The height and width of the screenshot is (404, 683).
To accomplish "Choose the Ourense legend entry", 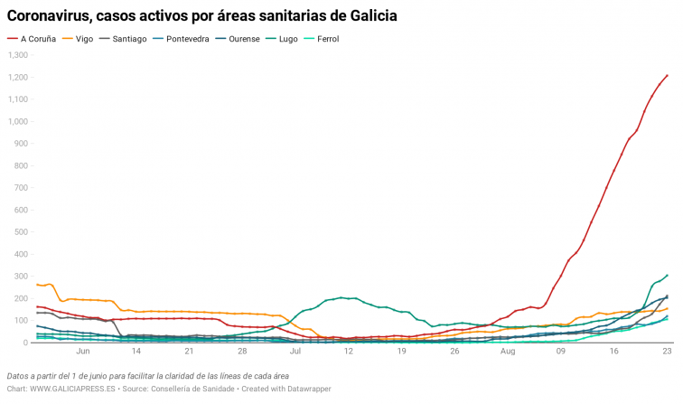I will (260, 39).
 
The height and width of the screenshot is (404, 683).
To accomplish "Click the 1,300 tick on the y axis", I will (18, 55).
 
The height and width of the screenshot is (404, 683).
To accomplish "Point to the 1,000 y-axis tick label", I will (18, 121).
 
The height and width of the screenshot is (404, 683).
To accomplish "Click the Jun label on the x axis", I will (84, 352).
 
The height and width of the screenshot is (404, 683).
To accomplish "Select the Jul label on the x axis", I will (295, 352).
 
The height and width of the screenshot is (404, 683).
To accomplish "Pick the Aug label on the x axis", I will (508, 352).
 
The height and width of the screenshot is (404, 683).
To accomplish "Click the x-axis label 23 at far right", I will (667, 352).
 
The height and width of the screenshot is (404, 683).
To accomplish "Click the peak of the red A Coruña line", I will (667, 76).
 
